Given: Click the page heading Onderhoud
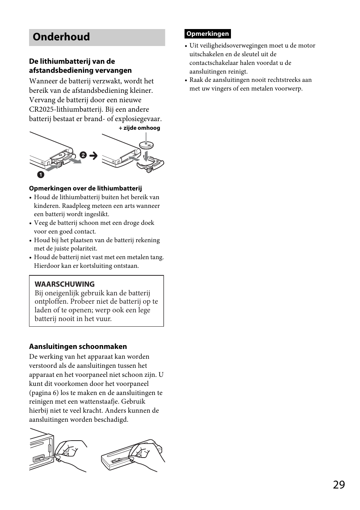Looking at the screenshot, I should pyautogui.click(x=61, y=37).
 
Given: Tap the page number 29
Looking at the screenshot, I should pyautogui.click(x=339, y=485).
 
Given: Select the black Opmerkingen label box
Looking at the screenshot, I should pyautogui.click(x=208, y=34).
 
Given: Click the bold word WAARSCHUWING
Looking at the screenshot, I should pyautogui.click(x=65, y=284).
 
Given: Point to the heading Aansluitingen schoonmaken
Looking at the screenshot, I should pyautogui.click(x=78, y=346).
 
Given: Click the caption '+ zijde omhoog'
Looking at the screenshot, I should pyautogui.click(x=139, y=128).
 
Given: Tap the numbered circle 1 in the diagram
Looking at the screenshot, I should pyautogui.click(x=40, y=175).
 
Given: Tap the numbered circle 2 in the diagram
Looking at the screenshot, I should pyautogui.click(x=83, y=155).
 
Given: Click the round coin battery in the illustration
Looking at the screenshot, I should pyautogui.click(x=147, y=145).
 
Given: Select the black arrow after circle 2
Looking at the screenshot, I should pyautogui.click(x=93, y=155).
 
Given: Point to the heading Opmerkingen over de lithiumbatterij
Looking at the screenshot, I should pyautogui.click(x=85, y=188).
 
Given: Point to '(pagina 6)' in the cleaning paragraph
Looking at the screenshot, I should pyautogui.click(x=44, y=393).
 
